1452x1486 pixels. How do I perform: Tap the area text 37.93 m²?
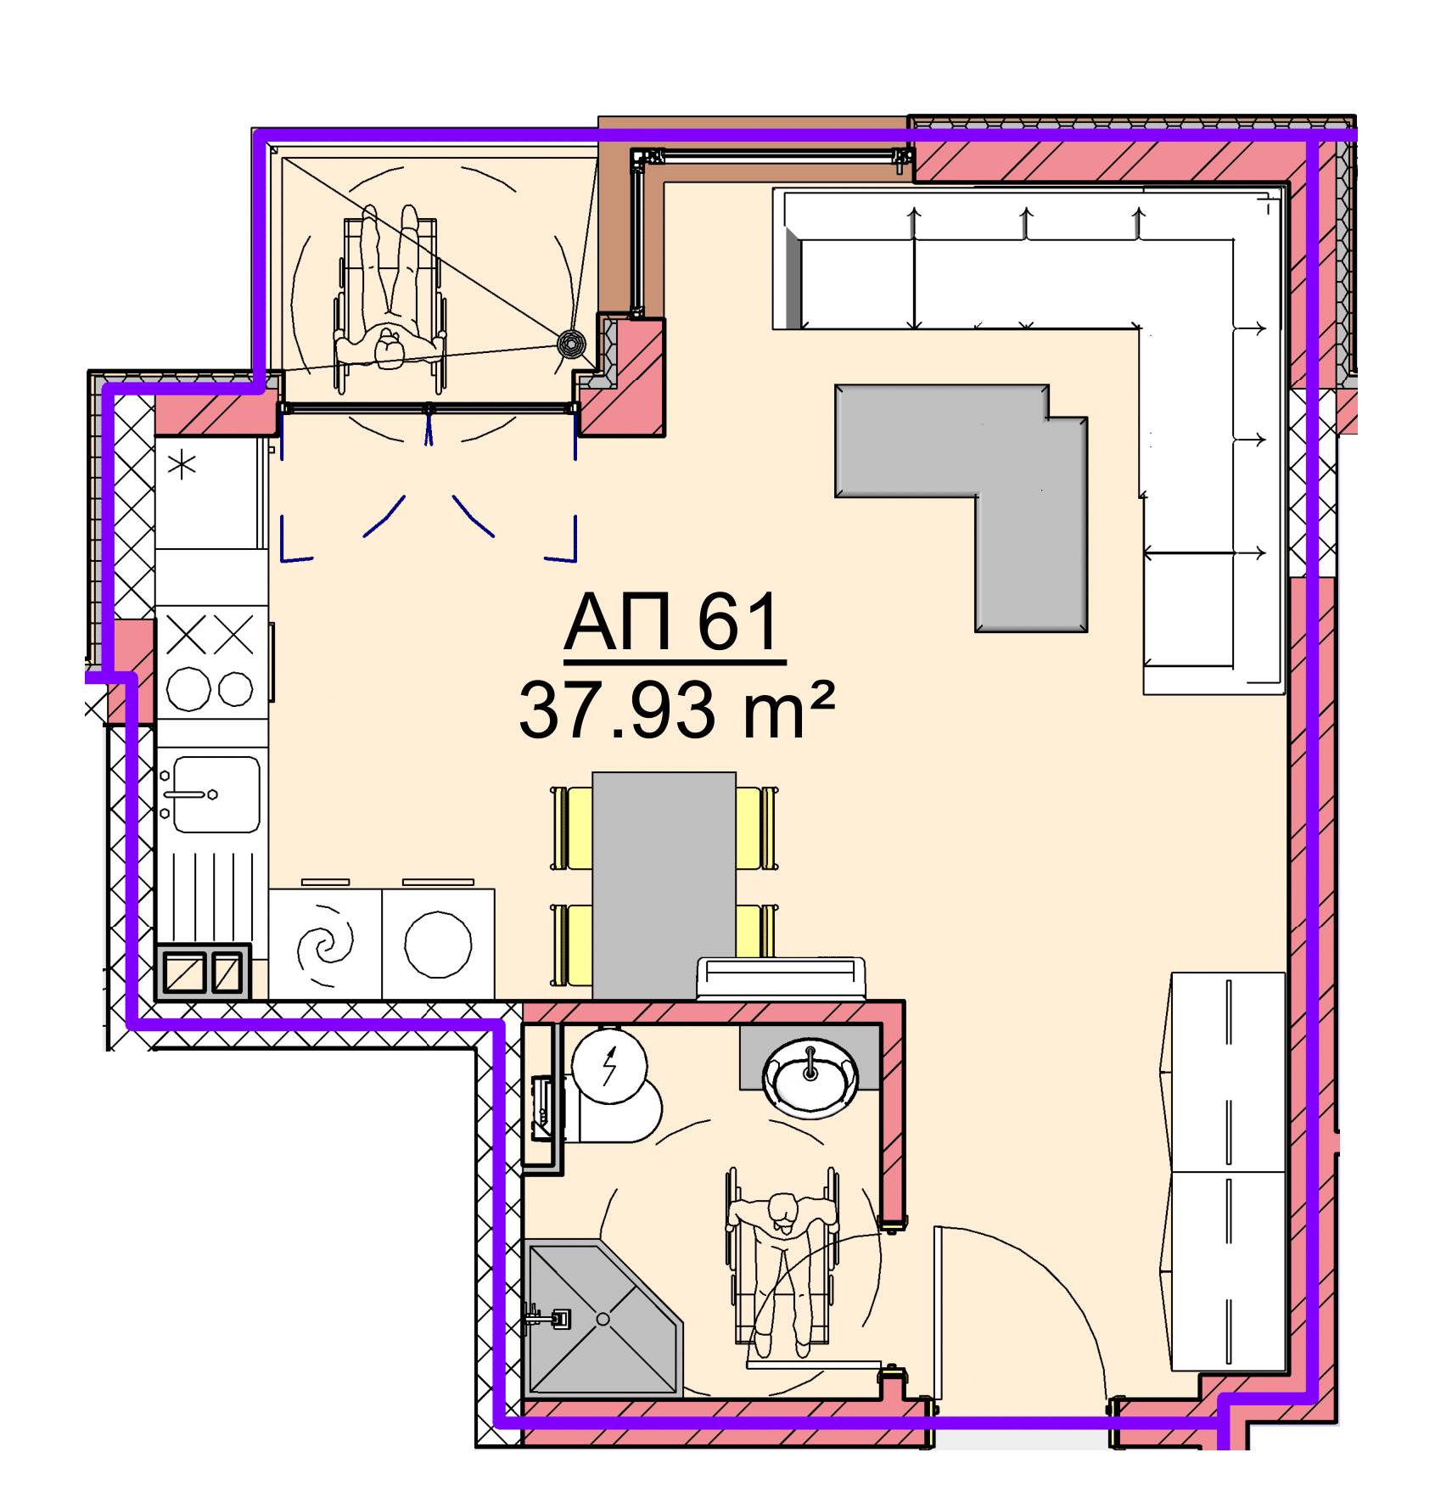coord(672,710)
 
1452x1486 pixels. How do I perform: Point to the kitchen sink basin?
coord(216,794)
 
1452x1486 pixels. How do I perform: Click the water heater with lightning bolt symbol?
coord(609,1065)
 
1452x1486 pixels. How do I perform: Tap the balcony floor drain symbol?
coord(571,344)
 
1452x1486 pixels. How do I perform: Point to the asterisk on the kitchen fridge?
coord(183,465)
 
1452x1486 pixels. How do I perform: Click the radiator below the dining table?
coord(781,979)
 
